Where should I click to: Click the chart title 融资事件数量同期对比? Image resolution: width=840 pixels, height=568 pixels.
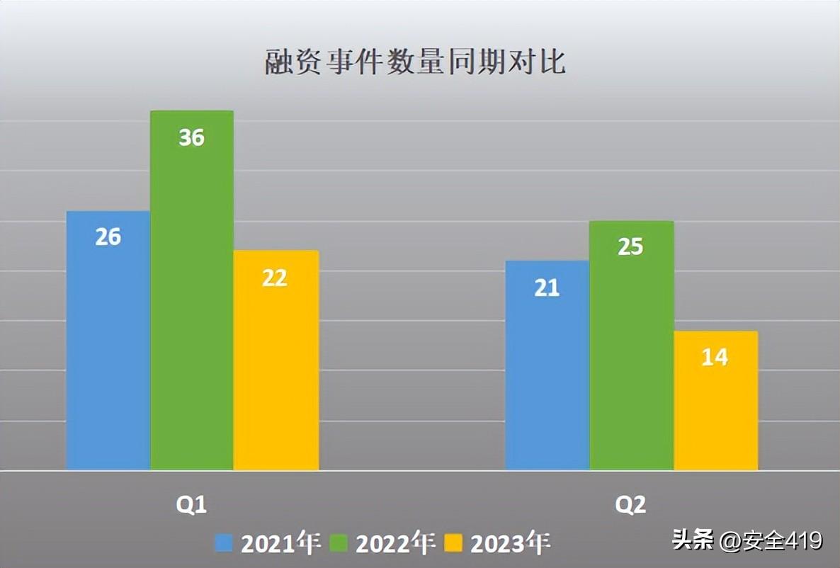[416, 62]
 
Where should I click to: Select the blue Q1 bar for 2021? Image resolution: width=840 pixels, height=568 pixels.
[108, 341]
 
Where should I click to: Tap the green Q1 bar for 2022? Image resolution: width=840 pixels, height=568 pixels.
[192, 290]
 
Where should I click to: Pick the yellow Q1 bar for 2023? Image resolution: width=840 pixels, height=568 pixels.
[276, 360]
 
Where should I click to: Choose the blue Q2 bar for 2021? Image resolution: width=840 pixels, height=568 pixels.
[547, 365]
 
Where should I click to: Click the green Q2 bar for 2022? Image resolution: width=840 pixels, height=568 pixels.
[632, 346]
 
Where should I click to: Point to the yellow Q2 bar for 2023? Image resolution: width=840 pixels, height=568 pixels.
[716, 401]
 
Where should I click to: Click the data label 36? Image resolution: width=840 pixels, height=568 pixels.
[191, 137]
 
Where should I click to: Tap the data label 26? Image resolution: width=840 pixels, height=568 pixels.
[108, 237]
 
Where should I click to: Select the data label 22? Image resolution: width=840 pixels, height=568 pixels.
[275, 278]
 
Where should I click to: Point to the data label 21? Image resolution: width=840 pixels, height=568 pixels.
[547, 288]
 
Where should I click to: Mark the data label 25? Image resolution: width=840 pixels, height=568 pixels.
[630, 246]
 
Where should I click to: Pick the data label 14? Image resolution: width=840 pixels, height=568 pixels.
[715, 358]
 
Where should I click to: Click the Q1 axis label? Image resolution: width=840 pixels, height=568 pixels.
[191, 505]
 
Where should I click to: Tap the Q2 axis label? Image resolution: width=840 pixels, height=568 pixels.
[630, 505]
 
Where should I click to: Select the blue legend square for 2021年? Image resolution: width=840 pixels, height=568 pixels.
[224, 543]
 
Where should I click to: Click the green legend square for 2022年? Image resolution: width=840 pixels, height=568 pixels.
[339, 543]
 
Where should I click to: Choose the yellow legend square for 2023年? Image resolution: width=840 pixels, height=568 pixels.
[453, 543]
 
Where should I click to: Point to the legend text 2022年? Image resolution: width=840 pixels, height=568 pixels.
[395, 543]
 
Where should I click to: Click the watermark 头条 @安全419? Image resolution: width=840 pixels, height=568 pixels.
[747, 540]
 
